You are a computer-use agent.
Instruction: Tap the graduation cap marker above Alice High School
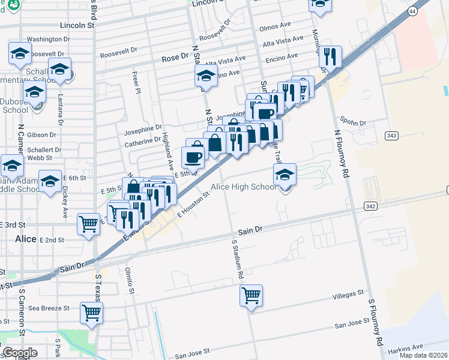point(285,175)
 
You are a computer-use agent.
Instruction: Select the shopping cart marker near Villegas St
point(251,295)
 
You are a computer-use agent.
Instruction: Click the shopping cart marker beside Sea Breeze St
point(91,312)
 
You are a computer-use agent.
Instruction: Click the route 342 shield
point(371,206)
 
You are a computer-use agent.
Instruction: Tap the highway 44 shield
point(412,11)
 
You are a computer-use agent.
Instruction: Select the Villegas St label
point(349,295)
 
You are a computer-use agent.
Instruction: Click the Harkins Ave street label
point(405,347)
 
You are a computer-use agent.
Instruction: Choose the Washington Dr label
point(48,39)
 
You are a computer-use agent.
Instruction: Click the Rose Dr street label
point(175,59)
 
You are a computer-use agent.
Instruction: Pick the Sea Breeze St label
point(49,308)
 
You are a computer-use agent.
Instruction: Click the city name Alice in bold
point(26,238)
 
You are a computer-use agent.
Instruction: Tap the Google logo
point(20,353)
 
